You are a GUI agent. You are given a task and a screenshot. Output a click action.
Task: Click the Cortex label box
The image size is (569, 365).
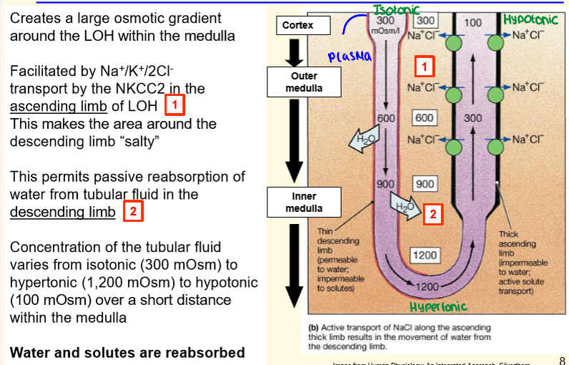pos(300,26)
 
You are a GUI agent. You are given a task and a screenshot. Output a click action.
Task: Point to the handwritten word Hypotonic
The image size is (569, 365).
pos(530,21)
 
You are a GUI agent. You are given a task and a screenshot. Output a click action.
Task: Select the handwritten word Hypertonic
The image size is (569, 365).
pos(438,307)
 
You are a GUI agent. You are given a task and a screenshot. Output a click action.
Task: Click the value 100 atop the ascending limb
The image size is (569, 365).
pos(472,23)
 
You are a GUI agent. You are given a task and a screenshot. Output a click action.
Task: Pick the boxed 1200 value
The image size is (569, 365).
pos(424,255)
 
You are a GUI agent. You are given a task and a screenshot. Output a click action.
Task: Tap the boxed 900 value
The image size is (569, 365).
pos(425,184)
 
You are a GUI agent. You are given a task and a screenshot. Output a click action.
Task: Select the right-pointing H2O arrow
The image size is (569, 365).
pos(402,206)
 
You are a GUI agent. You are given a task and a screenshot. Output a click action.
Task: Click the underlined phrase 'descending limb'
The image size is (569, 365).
pos(62,212)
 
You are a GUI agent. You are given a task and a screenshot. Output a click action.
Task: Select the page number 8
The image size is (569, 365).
pos(561,360)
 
